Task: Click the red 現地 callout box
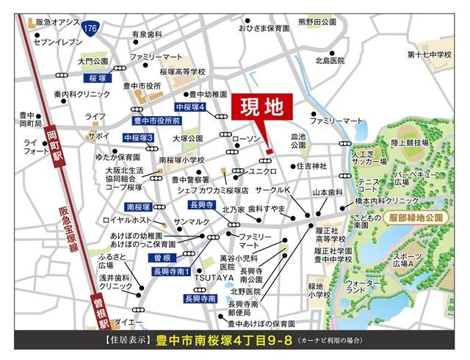pyautogui.click(x=262, y=108)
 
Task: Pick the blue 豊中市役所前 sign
pyautogui.click(x=157, y=120)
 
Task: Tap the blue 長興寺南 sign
pyautogui.click(x=200, y=299)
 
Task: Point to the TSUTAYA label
pyautogui.click(x=214, y=278)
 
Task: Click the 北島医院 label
pyautogui.click(x=330, y=60)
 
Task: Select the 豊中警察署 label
pyautogui.click(x=190, y=179)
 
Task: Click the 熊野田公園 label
pyautogui.click(x=317, y=24)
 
